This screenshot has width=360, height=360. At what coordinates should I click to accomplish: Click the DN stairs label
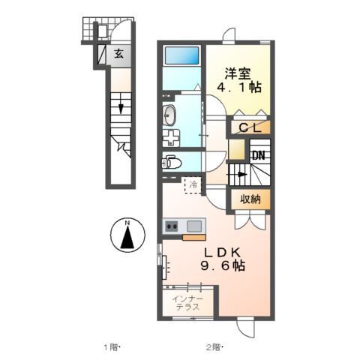(258, 156)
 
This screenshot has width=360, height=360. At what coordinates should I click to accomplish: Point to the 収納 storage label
(250, 199)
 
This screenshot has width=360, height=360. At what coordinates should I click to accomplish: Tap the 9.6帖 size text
(221, 266)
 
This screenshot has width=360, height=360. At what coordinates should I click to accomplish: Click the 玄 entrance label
(119, 54)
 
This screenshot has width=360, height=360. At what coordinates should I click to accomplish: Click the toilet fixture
(170, 161)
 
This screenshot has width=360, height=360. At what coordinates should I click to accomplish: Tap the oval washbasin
(170, 115)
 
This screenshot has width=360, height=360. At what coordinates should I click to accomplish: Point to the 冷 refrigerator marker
(193, 184)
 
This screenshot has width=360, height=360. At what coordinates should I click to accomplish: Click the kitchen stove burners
(172, 226)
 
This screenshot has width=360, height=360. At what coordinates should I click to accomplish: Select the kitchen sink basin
(195, 226)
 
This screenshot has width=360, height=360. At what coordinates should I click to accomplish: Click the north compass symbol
(128, 235)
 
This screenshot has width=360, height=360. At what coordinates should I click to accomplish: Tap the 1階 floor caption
(110, 346)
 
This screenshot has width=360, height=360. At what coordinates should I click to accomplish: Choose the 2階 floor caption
(216, 346)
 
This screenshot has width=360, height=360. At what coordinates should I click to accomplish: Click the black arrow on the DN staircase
(241, 174)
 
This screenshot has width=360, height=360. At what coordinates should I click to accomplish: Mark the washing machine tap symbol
(171, 137)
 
